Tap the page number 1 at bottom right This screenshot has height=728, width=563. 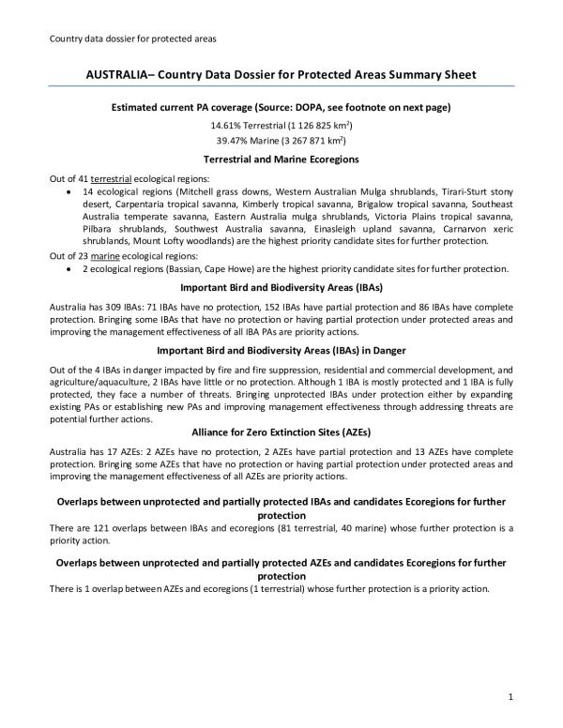509,694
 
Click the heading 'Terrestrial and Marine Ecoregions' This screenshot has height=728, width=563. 281,159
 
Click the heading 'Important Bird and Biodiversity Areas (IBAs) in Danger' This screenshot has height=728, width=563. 281,351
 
